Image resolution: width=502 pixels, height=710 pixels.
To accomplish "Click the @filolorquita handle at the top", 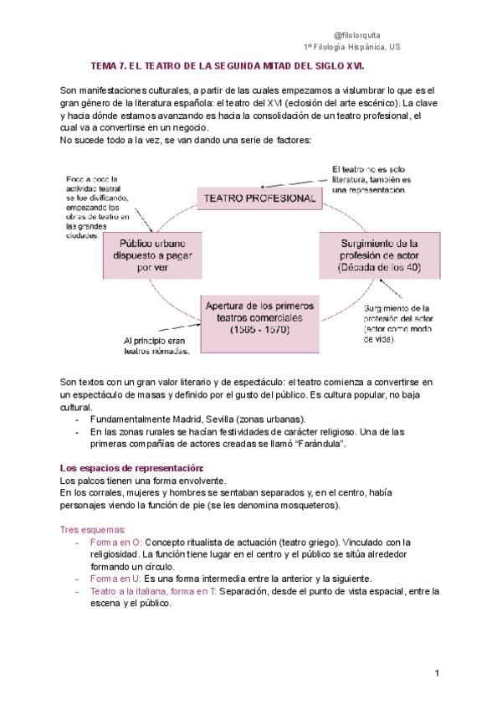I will [x=356, y=35].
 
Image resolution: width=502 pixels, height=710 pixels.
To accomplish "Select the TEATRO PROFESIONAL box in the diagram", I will [x=256, y=198].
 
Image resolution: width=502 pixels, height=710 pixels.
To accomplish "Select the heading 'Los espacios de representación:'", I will [x=132, y=468].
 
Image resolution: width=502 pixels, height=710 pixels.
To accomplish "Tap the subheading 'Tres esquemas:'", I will [x=93, y=529].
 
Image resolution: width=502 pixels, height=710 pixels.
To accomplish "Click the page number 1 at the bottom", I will [x=438, y=673].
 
